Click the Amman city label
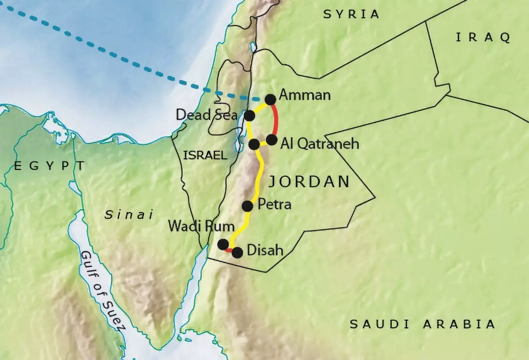coord(305,95)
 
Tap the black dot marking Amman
coord(270,99)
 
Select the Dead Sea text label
coord(207,115)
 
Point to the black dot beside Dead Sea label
coord(249,116)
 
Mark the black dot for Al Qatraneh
coord(272,140)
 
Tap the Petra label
coord(274,204)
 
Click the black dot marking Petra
coord(248,206)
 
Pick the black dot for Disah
coord(237,253)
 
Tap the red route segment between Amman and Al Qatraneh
coord(276,120)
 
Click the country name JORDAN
coord(309,181)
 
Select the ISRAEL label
coord(205,155)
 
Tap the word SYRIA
coord(351,14)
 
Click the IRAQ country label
coord(483,37)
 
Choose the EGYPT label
coord(49,166)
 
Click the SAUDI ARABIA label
coord(422,324)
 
